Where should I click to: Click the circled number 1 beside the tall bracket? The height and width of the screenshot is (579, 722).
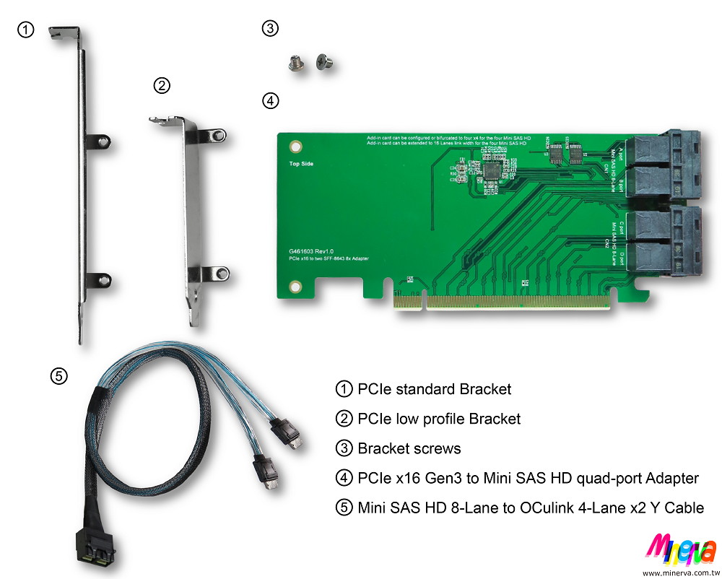tap(25, 30)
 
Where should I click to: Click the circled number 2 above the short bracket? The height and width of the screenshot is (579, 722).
tap(162, 86)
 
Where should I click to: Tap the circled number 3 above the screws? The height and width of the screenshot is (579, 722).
tap(269, 29)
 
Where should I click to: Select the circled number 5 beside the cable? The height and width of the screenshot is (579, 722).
tap(58, 375)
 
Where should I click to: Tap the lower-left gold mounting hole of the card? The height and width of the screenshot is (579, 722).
tap(295, 287)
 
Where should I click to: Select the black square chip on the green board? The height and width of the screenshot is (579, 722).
tap(492, 170)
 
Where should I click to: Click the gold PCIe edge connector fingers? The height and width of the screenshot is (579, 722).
tap(505, 301)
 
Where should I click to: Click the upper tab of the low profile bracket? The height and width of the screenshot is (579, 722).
tap(214, 134)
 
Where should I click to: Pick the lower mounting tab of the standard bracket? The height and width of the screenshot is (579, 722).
tap(100, 278)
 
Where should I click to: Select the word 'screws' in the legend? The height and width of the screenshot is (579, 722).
tap(436, 448)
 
